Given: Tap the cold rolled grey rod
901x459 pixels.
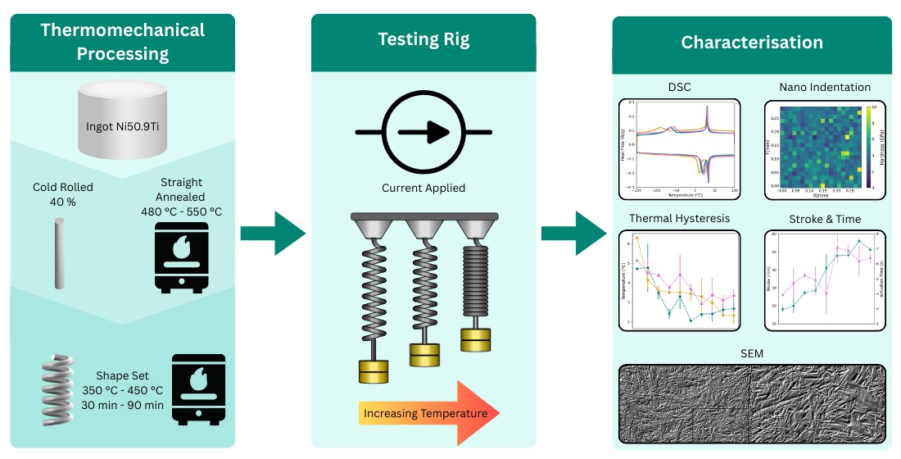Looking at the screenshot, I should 59,254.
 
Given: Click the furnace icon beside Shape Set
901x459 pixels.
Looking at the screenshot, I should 197,388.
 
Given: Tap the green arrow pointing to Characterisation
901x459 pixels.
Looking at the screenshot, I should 573,235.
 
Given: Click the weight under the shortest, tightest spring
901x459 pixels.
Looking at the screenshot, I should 476,339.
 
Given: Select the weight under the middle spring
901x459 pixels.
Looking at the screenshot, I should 423,354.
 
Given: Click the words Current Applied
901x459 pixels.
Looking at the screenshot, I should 423,188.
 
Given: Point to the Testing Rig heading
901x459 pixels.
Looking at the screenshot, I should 423,39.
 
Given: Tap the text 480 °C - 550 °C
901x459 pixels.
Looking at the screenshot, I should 181,212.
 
